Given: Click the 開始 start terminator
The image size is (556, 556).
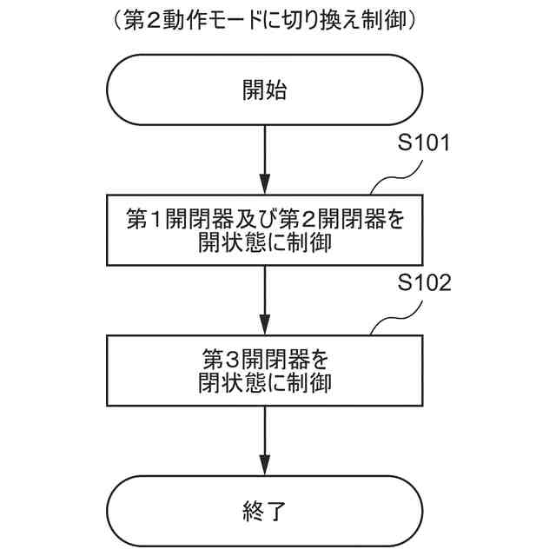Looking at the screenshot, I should pyautogui.click(x=264, y=89).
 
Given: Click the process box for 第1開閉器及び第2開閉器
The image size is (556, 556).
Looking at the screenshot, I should pyautogui.click(x=264, y=230).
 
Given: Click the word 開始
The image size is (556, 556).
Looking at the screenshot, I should pyautogui.click(x=264, y=89).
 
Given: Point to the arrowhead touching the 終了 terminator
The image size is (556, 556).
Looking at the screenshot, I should pyautogui.click(x=264, y=470).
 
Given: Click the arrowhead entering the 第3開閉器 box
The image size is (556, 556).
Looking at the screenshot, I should pyautogui.click(x=264, y=329).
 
